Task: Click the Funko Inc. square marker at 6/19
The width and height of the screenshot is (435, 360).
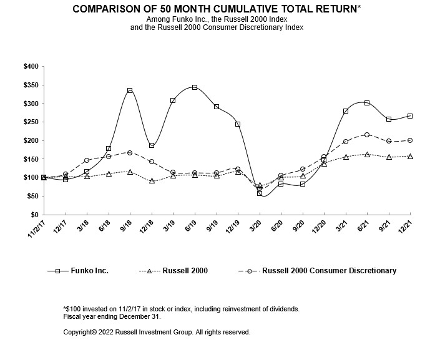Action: click(195, 87)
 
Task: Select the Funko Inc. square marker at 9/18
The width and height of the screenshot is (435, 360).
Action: click(130, 90)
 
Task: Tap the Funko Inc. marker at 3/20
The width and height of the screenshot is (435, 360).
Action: click(260, 193)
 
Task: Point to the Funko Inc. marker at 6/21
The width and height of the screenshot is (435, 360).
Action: click(367, 103)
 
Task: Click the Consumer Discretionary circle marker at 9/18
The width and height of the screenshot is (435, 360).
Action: click(130, 153)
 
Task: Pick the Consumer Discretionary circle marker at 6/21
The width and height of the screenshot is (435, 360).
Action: click(367, 135)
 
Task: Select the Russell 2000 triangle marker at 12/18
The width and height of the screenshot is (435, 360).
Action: click(152, 181)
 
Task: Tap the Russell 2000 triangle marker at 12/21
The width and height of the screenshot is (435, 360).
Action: click(410, 156)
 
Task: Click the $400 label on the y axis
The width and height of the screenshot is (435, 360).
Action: click(31, 66)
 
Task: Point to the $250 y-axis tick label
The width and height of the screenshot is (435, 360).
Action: click(31, 122)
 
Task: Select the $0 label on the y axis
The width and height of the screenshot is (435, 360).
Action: click(34, 215)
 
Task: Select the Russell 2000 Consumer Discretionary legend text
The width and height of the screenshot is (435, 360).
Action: click(329, 271)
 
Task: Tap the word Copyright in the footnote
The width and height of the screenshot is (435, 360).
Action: click(80, 332)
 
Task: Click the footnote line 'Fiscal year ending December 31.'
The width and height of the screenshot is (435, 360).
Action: click(112, 316)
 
